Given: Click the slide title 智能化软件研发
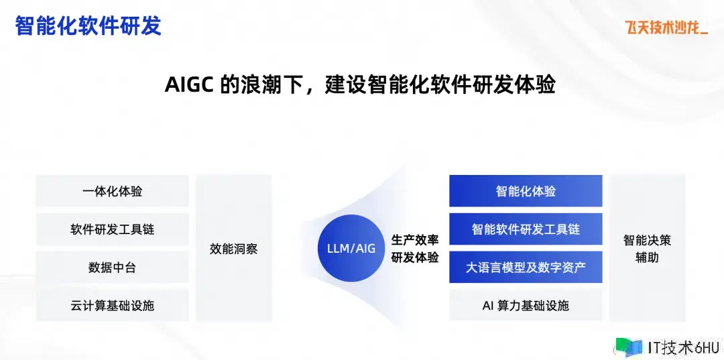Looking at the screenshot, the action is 88,26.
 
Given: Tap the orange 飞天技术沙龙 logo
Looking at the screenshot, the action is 666,27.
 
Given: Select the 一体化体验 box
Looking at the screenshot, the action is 113,191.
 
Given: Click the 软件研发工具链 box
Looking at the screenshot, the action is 113,229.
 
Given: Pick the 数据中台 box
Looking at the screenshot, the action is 113,267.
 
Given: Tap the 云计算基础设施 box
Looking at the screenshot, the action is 113,305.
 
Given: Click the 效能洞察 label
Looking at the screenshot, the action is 234,249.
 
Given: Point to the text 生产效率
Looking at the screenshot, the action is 415,240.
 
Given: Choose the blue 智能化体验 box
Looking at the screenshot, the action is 526,191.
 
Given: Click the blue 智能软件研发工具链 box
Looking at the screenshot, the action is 526,229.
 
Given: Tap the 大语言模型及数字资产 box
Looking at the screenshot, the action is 526,267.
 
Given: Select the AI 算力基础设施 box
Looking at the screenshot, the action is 526,305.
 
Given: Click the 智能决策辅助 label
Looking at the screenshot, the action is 647,249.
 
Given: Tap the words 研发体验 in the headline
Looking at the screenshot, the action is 514,85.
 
